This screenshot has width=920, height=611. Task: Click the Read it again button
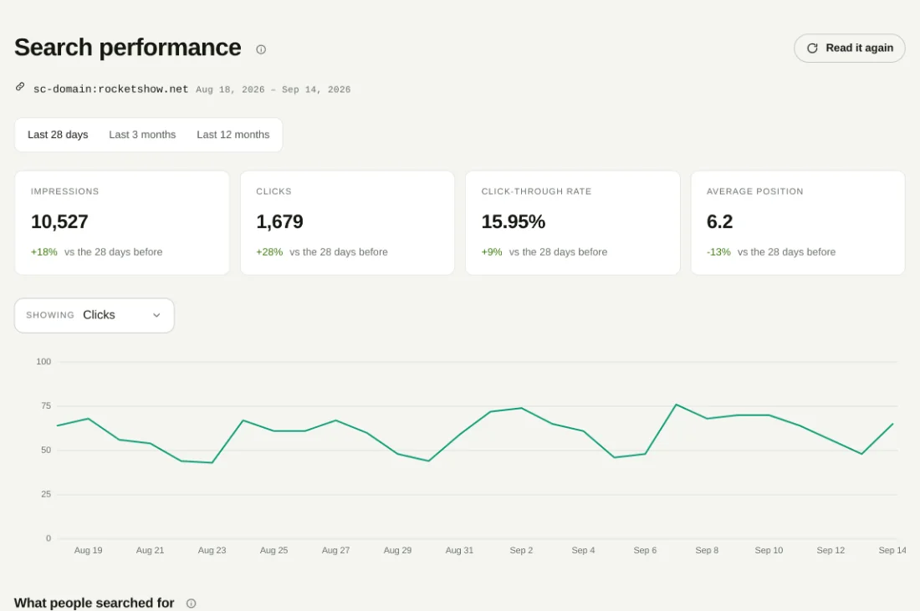pyautogui.click(x=849, y=48)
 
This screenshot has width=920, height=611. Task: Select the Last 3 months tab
pyautogui.click(x=142, y=135)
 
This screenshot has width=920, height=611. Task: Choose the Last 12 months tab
pyautogui.click(x=233, y=135)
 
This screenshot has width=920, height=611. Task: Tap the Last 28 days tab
pyautogui.click(x=58, y=135)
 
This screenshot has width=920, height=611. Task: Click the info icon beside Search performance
pyautogui.click(x=261, y=49)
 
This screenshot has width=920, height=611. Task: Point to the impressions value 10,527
pyautogui.click(x=59, y=221)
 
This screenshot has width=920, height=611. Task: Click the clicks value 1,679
pyautogui.click(x=279, y=221)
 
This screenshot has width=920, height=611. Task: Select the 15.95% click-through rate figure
pyautogui.click(x=514, y=221)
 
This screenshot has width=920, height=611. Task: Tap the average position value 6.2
pyautogui.click(x=719, y=221)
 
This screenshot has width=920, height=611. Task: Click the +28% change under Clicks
pyautogui.click(x=269, y=252)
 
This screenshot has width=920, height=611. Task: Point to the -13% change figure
pyautogui.click(x=718, y=252)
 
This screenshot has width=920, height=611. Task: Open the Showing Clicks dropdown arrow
pyautogui.click(x=156, y=315)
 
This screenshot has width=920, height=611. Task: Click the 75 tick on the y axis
pyautogui.click(x=46, y=405)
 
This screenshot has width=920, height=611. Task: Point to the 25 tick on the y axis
pyautogui.click(x=46, y=494)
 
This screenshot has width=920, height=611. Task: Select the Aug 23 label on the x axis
pyautogui.click(x=212, y=550)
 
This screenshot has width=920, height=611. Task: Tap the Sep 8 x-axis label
pyautogui.click(x=707, y=550)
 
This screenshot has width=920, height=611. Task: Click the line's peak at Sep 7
pyautogui.click(x=676, y=405)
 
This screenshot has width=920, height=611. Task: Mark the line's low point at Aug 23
pyautogui.click(x=212, y=463)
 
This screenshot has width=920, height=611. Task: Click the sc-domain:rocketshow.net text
pyautogui.click(x=111, y=89)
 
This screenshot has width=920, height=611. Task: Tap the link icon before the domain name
pyautogui.click(x=20, y=87)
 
